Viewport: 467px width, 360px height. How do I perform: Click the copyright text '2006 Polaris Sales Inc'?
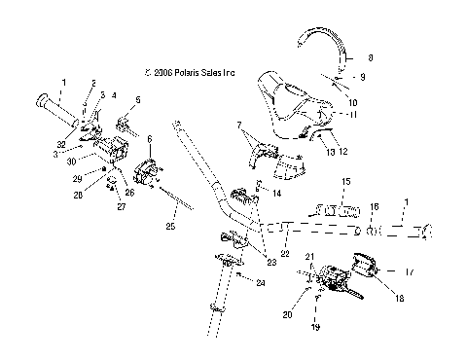(194, 72)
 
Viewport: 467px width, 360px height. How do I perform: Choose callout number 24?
(261, 283)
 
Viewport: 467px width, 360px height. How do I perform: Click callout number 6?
(151, 139)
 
